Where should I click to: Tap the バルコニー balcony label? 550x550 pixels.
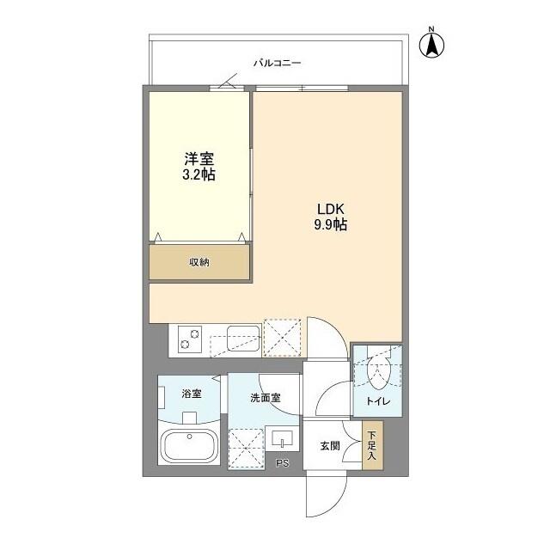coord(277,63)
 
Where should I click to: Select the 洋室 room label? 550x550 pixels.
coord(199,159)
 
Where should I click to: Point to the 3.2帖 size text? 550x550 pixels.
coord(199,174)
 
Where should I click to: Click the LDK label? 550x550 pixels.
coord(330,210)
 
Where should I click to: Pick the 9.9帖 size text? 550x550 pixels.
coord(330,226)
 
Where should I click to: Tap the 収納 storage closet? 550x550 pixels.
coord(199,262)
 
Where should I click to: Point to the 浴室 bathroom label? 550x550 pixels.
coord(191,394)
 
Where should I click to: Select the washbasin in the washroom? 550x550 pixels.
coord(282,439)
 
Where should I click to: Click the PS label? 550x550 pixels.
coord(282,464)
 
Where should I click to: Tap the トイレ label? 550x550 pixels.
coord(379,400)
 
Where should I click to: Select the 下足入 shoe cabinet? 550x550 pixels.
coord(371,445)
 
